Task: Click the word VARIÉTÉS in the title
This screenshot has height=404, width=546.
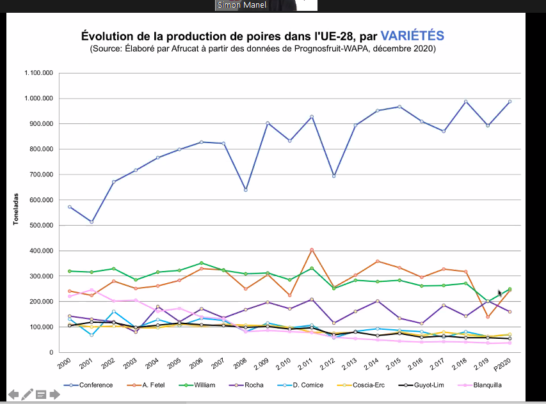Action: pos(412,35)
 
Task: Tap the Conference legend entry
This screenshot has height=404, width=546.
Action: pos(88,385)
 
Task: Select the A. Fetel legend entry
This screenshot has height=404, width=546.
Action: pos(146,385)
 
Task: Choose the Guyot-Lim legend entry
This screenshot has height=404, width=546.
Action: pos(421,385)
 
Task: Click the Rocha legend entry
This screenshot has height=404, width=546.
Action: pos(246,385)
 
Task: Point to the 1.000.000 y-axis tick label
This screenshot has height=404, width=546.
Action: pos(38,98)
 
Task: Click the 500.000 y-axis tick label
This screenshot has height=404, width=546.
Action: pos(42,225)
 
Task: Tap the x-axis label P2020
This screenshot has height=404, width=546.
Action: pos(502,364)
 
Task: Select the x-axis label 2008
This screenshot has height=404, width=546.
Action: pos(240,363)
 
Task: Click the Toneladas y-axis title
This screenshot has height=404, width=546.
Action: pos(15,209)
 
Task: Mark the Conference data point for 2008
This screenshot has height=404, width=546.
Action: pos(246,190)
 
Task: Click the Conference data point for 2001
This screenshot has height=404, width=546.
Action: pos(92,222)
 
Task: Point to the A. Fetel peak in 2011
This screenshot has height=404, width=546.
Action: pos(312,250)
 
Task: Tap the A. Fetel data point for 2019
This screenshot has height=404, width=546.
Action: pos(488,317)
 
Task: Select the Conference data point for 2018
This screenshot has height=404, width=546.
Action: pos(465,102)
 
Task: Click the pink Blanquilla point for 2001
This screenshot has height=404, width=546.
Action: pos(92,290)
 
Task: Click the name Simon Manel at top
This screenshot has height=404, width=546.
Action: pos(242,5)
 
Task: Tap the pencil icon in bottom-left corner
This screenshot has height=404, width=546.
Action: pos(27,394)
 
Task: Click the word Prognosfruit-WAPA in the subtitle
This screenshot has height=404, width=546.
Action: pos(332,49)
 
